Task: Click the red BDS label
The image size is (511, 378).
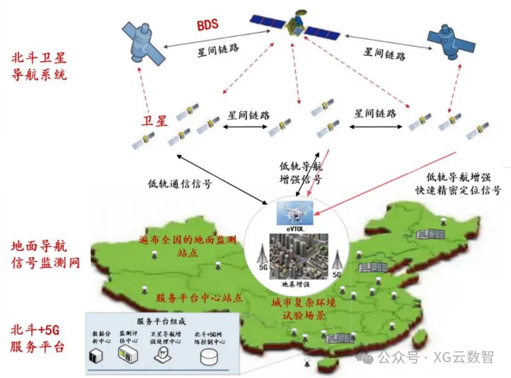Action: (207, 26)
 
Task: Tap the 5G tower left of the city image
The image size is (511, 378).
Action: (261, 258)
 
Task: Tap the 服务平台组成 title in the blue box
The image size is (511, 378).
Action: (161, 321)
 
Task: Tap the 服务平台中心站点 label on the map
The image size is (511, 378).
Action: (198, 298)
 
